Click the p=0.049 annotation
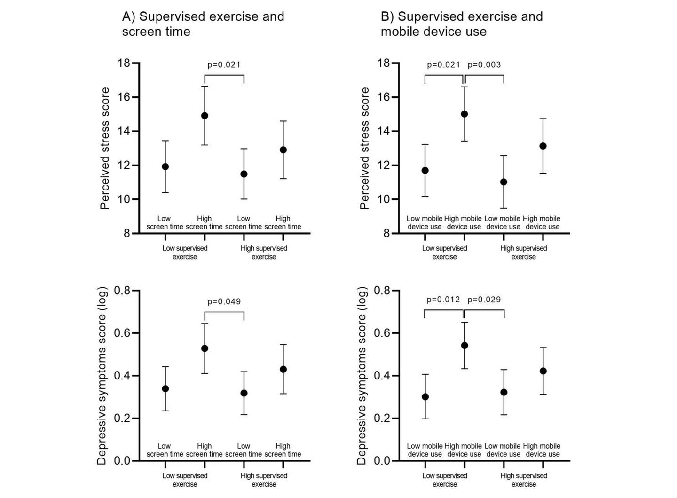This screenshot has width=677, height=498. pos(224,301)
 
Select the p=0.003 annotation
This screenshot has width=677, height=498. pos(484,64)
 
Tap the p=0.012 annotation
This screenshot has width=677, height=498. pos(443,300)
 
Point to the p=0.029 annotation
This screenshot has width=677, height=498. pos(484,300)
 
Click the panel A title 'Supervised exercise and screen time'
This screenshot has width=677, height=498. pos(203,24)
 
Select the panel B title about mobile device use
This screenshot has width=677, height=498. pos(461,24)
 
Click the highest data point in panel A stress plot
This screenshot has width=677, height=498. pos(205,116)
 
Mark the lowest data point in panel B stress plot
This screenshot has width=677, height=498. pos(504,182)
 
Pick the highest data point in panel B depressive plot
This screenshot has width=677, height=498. pos(464,346)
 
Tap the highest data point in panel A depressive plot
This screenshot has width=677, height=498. pos(205,348)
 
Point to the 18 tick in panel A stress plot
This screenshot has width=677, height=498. pos(124,63)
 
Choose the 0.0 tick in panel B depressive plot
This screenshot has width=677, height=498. pos(382,461)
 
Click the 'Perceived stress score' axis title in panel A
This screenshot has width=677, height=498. pos(105,148)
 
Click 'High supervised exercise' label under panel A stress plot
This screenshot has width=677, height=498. pos(264,253)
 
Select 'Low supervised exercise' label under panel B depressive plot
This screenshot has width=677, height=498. pos(444,480)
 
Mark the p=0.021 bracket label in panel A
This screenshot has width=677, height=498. pos(224,64)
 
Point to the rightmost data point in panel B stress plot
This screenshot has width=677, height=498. pos(543,146)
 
